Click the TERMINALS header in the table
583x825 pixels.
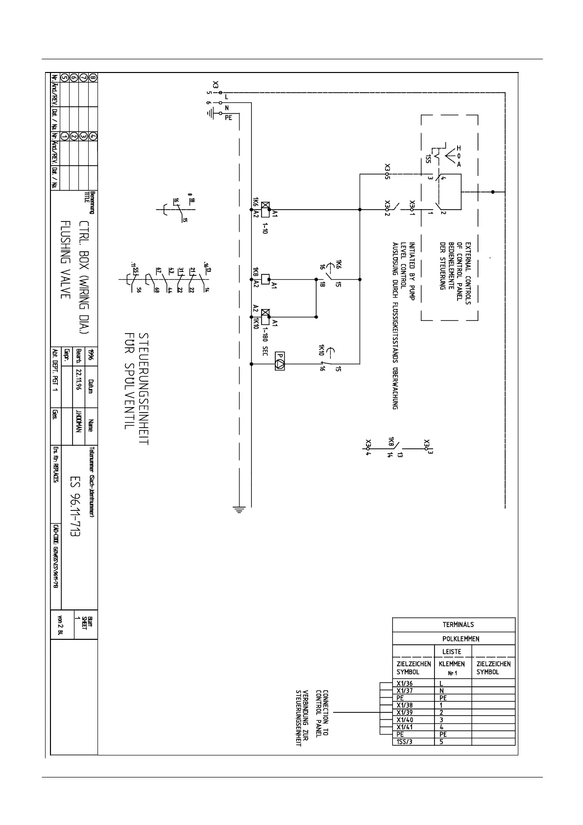458,625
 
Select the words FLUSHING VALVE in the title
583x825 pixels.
66,259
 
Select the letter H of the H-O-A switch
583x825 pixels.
459,148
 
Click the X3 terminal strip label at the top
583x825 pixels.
216,85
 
